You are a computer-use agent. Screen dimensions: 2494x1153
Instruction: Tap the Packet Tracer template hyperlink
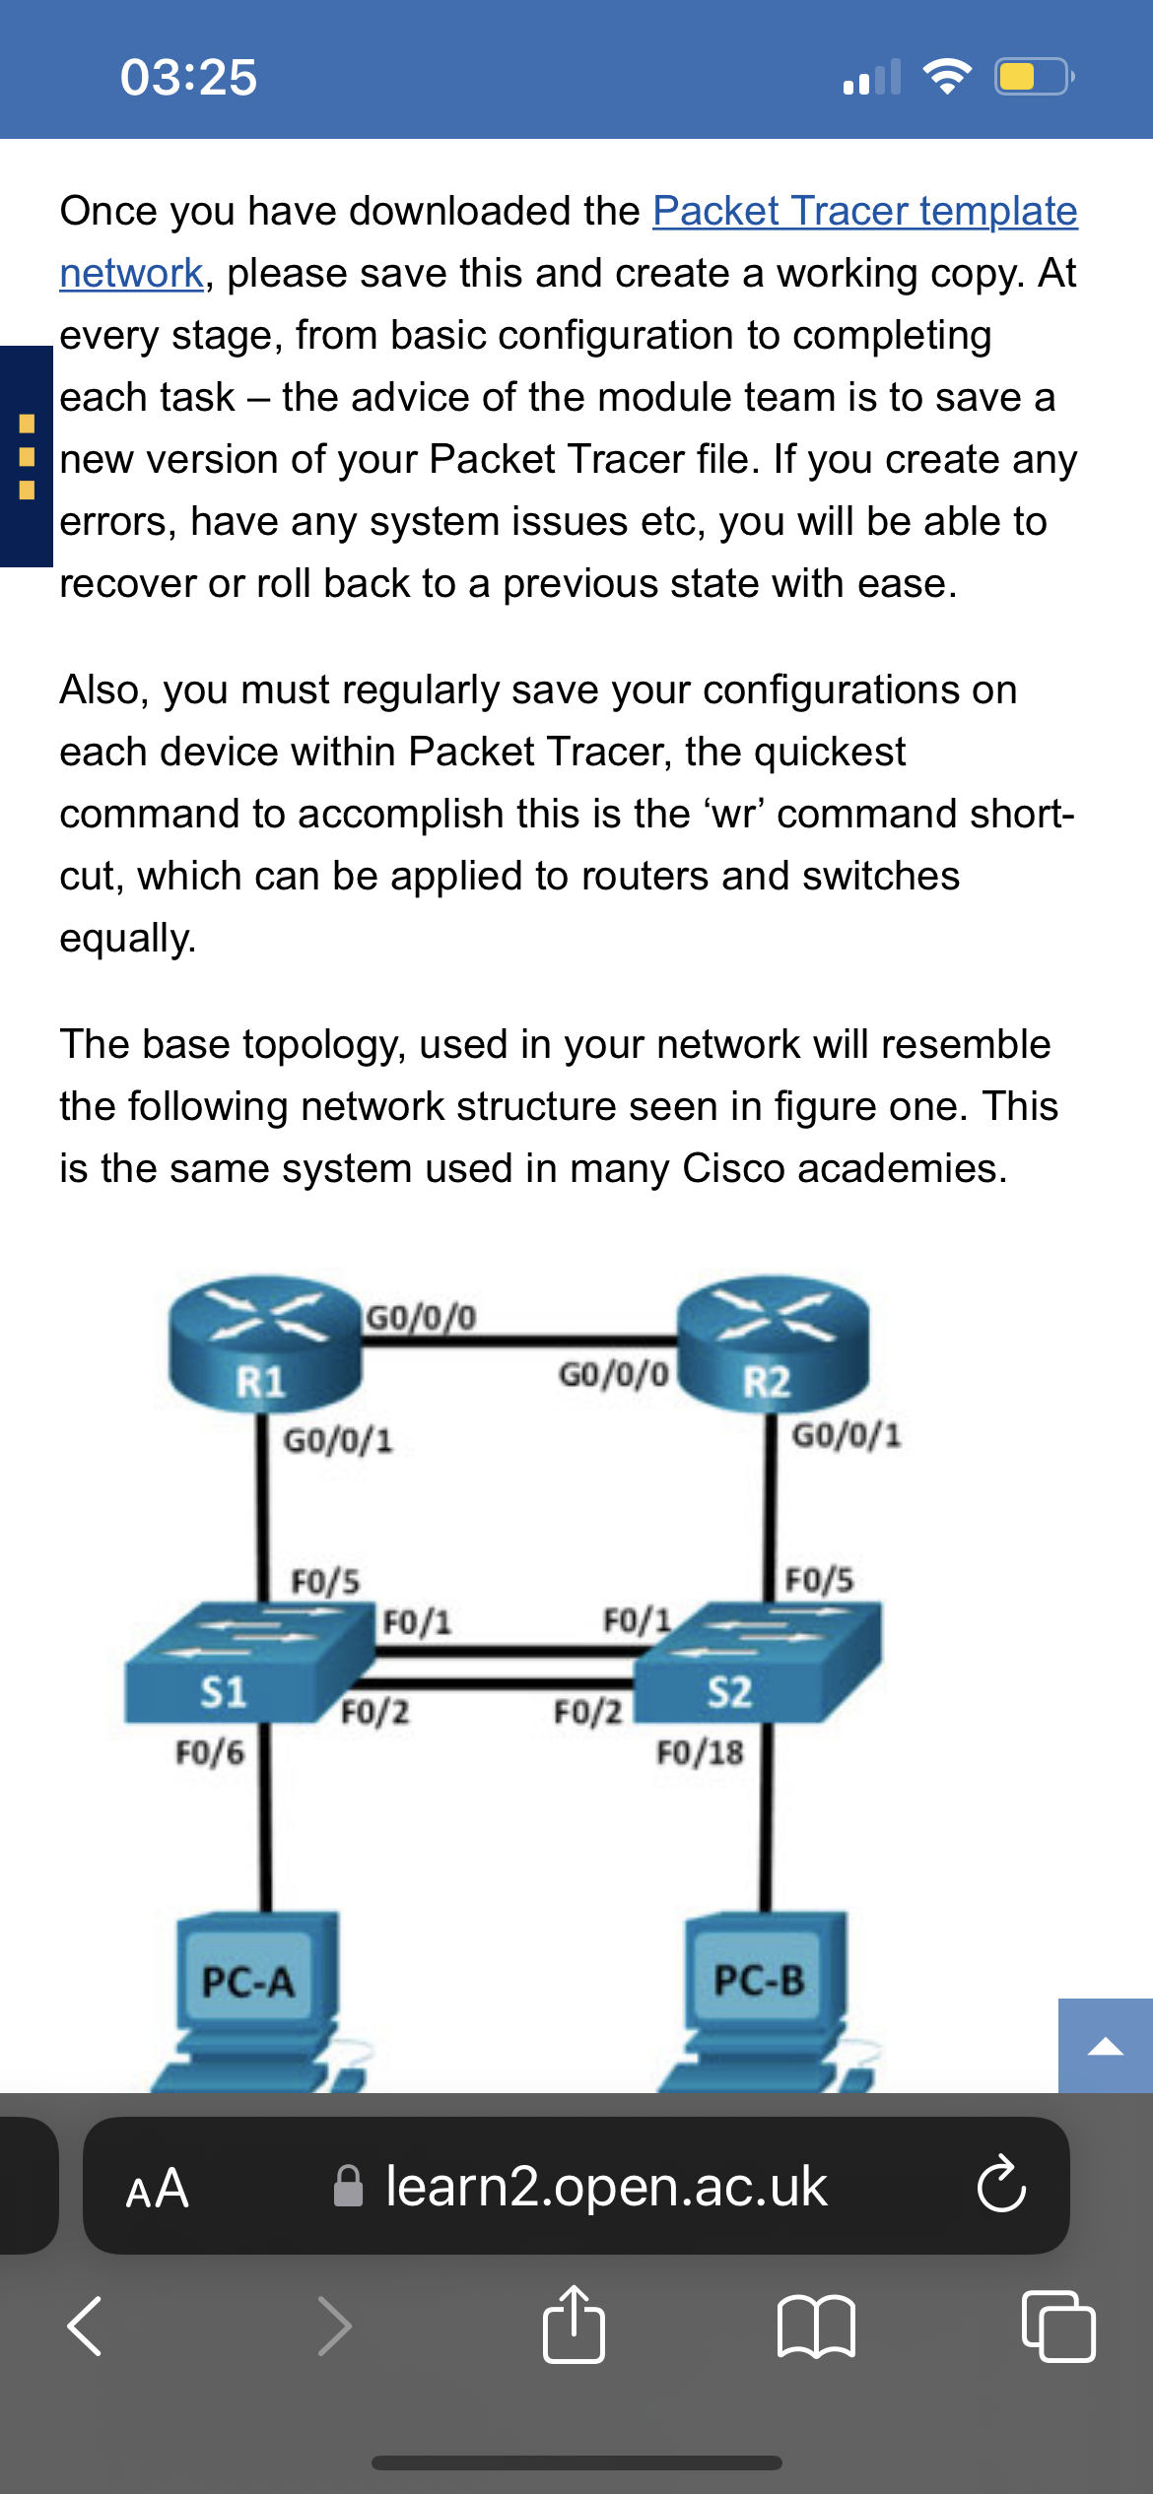[x=864, y=212]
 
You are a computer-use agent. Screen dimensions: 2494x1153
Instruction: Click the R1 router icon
[x=264, y=1344]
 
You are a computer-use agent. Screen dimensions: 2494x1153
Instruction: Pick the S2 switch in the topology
[x=759, y=1665]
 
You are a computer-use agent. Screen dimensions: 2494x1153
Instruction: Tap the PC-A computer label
[x=248, y=1982]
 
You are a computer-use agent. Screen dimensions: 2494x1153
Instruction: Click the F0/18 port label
[x=700, y=1753]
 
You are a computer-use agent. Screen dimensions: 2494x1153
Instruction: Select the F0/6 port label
[x=209, y=1753]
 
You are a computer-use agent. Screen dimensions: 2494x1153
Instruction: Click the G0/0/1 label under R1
[x=338, y=1441]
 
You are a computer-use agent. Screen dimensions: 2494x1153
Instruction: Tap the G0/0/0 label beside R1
[x=421, y=1317]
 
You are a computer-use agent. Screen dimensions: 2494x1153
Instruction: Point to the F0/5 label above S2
[x=818, y=1580]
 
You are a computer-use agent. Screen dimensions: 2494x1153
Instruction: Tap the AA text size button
[x=158, y=2189]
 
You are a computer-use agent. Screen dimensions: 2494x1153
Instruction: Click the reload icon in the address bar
[x=1001, y=2185]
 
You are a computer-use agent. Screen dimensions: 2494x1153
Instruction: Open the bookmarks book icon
[x=816, y=2327]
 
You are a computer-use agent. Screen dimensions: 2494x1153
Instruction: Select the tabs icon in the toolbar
[x=1058, y=2327]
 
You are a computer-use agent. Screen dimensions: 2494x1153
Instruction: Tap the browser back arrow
[x=85, y=2327]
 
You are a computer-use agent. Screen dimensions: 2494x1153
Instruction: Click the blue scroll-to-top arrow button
[x=1105, y=2046]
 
